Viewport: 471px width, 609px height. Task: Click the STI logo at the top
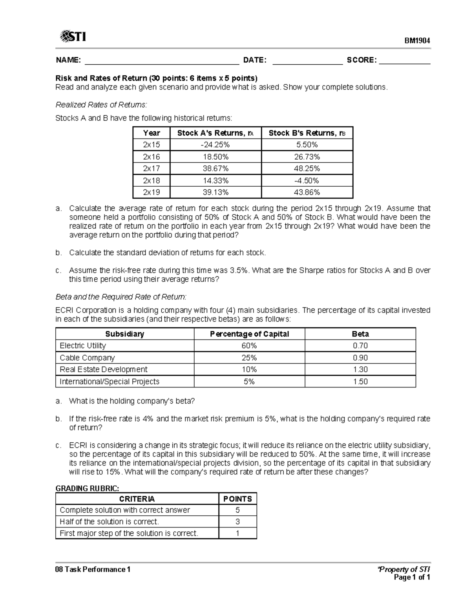pos(73,37)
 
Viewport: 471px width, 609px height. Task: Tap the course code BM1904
pos(418,41)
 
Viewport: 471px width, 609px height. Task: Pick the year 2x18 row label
pos(152,180)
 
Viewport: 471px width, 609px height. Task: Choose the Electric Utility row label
pos(83,345)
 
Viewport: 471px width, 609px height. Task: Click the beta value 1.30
pos(360,369)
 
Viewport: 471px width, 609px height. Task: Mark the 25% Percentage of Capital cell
pos(249,358)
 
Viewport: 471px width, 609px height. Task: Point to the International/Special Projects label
pos(110,382)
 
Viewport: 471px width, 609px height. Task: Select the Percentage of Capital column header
pos(249,334)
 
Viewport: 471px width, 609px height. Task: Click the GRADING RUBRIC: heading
pos(87,488)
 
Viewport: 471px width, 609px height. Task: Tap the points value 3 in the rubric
pos(237,522)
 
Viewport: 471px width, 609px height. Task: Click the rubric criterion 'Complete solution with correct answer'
pos(125,510)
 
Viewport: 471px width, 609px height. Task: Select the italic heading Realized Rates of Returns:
pos(101,105)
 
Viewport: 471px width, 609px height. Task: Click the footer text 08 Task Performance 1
pos(93,569)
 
